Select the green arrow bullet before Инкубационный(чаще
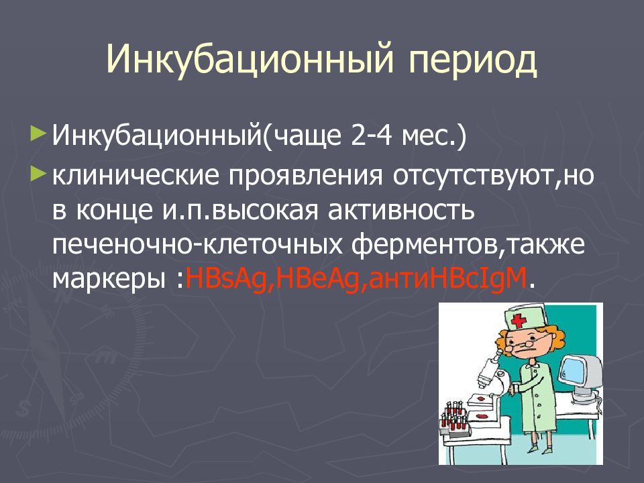[x=37, y=133]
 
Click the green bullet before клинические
[x=37, y=174]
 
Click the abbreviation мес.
[x=429, y=137]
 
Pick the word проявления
[x=306, y=176]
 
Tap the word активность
[x=401, y=210]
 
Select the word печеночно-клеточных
[x=197, y=246]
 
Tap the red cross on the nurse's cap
[x=519, y=321]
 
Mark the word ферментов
[x=425, y=246]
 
